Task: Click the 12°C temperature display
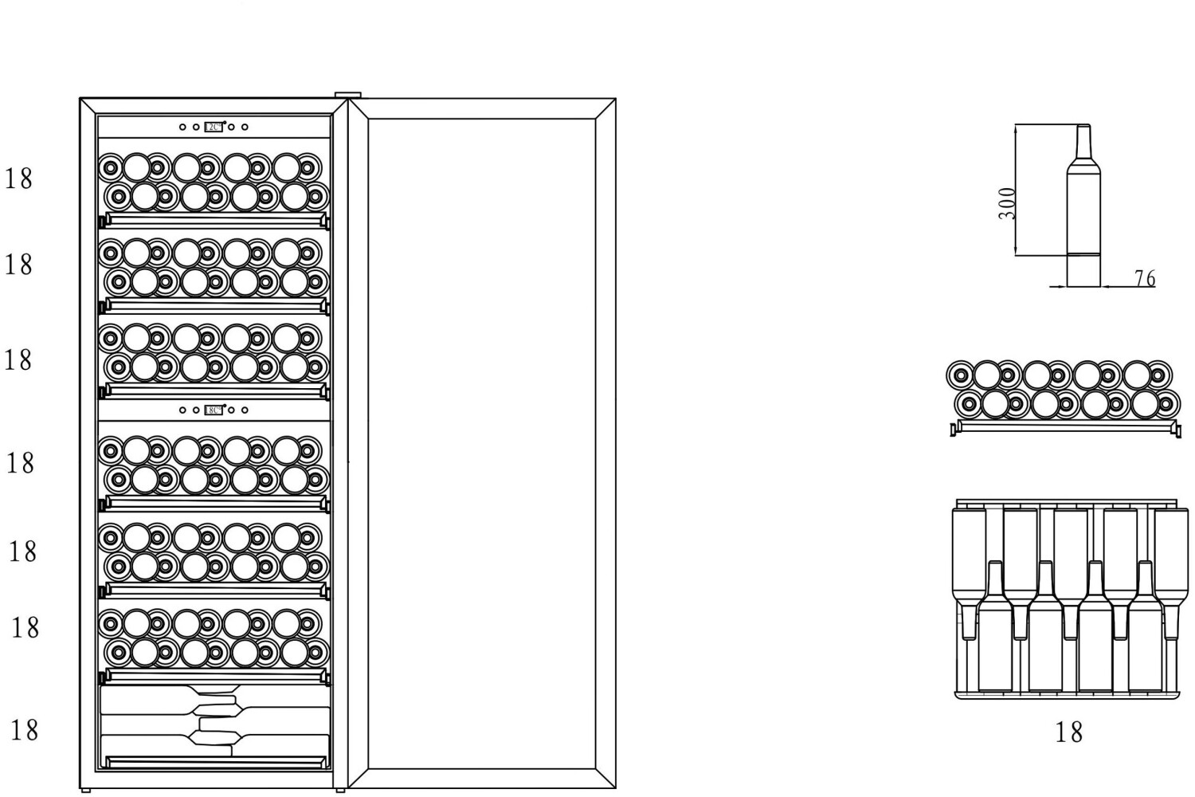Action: coord(214,127)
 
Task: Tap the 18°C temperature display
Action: coord(214,410)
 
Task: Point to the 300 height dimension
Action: coord(1007,203)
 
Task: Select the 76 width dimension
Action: coord(1144,278)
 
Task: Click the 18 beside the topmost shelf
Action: coord(19,179)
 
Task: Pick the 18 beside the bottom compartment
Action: coord(24,729)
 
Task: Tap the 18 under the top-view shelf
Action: coord(1068,732)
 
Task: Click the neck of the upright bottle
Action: coord(1083,143)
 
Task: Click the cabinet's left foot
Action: coord(86,790)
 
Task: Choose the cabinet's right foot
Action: coord(339,790)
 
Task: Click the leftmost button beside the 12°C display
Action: coord(182,127)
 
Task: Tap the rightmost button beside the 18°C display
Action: coord(245,410)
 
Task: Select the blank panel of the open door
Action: coord(482,442)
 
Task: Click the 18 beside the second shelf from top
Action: coord(19,264)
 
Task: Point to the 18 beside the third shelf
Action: coord(18,359)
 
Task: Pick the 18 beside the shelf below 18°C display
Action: coord(21,462)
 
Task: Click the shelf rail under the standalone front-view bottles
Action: coord(1065,426)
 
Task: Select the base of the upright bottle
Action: coord(1083,271)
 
